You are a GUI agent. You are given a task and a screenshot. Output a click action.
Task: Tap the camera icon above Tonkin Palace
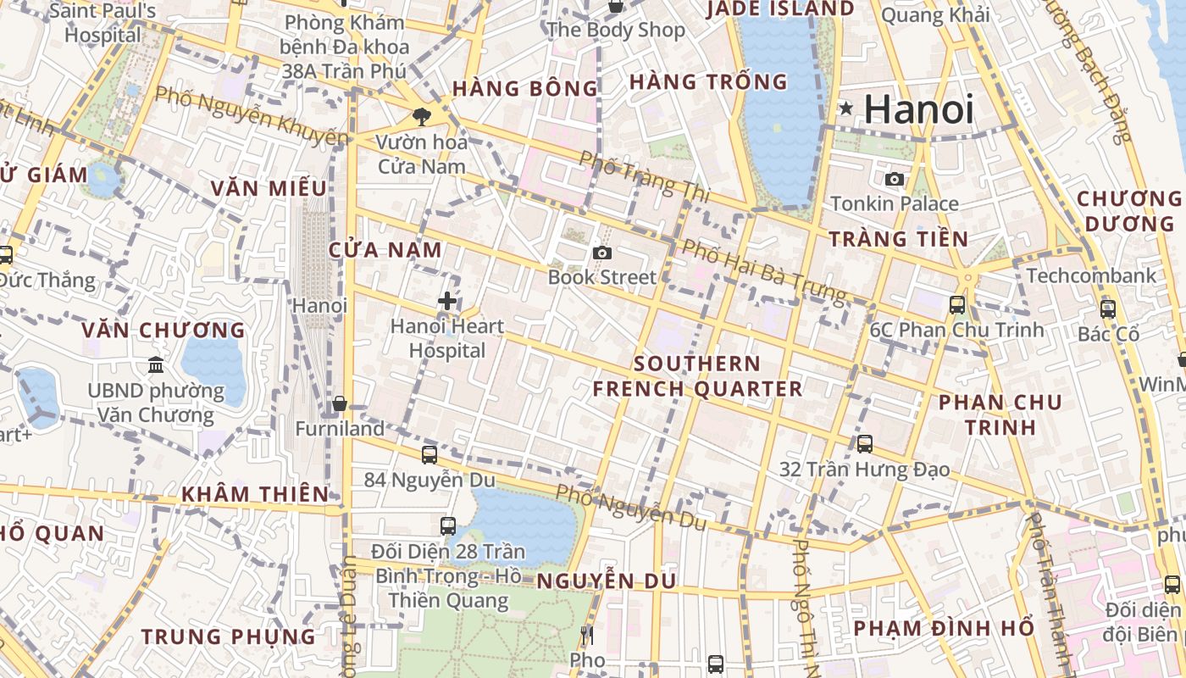click(x=894, y=179)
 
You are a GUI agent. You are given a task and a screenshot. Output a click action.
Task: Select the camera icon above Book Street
click(x=602, y=253)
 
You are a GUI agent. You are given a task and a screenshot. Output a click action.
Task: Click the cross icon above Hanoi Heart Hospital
click(x=447, y=300)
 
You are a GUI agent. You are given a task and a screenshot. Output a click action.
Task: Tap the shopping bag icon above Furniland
click(x=340, y=403)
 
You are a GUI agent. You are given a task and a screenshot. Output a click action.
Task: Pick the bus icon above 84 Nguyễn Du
click(x=430, y=454)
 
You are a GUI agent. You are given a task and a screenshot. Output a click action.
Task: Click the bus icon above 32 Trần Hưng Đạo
click(x=864, y=443)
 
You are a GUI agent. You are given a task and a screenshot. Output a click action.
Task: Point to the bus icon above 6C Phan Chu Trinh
click(x=957, y=304)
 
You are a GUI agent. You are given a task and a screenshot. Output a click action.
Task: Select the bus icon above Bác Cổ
click(x=1107, y=309)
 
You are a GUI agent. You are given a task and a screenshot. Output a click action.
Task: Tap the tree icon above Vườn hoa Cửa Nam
click(x=421, y=117)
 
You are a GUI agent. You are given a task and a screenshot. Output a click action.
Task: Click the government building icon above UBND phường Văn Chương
click(x=156, y=365)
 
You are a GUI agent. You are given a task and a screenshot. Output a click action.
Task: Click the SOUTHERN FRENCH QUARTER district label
click(x=696, y=376)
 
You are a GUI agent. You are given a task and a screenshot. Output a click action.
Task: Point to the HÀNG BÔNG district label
click(x=525, y=88)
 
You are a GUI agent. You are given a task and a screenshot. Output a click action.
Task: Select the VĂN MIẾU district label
click(x=269, y=188)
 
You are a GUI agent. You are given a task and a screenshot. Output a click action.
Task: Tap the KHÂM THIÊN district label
click(x=255, y=494)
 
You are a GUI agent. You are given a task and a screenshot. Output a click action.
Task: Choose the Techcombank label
click(x=1091, y=275)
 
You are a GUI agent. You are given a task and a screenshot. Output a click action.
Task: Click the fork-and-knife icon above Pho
click(x=586, y=635)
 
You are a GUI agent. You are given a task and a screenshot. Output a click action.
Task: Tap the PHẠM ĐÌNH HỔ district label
click(x=944, y=628)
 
